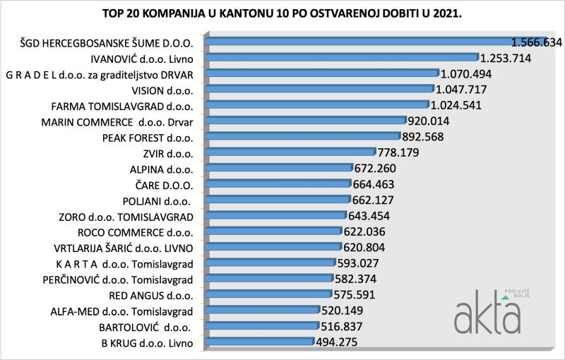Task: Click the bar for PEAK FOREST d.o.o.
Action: (304, 136)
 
